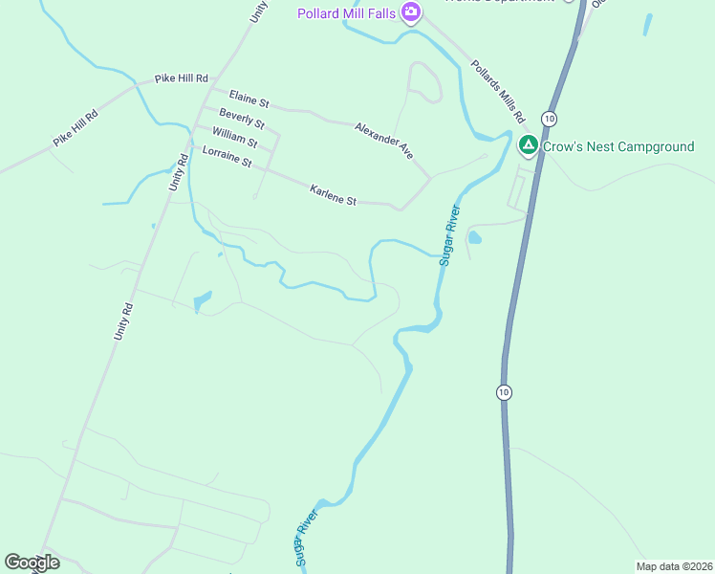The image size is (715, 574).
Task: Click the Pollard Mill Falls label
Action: pos(346,13)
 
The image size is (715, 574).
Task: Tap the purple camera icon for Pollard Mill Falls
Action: pos(411,12)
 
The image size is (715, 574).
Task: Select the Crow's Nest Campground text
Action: pos(617,146)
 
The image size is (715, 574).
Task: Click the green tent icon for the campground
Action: pos(528,146)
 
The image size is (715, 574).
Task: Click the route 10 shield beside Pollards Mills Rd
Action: pos(548,118)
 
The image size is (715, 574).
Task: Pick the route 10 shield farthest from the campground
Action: pos(504,392)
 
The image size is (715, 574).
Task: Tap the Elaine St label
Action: pos(249,98)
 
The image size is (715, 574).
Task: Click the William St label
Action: pos(235,138)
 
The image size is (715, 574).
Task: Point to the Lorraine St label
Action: pos(227,156)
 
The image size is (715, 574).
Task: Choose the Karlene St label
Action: pos(333,195)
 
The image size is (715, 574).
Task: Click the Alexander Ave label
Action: pos(383,139)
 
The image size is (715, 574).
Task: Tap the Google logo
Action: pos(32,563)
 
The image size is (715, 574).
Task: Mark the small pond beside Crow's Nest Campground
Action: pos(475,237)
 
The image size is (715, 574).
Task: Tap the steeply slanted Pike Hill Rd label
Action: pos(76,127)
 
